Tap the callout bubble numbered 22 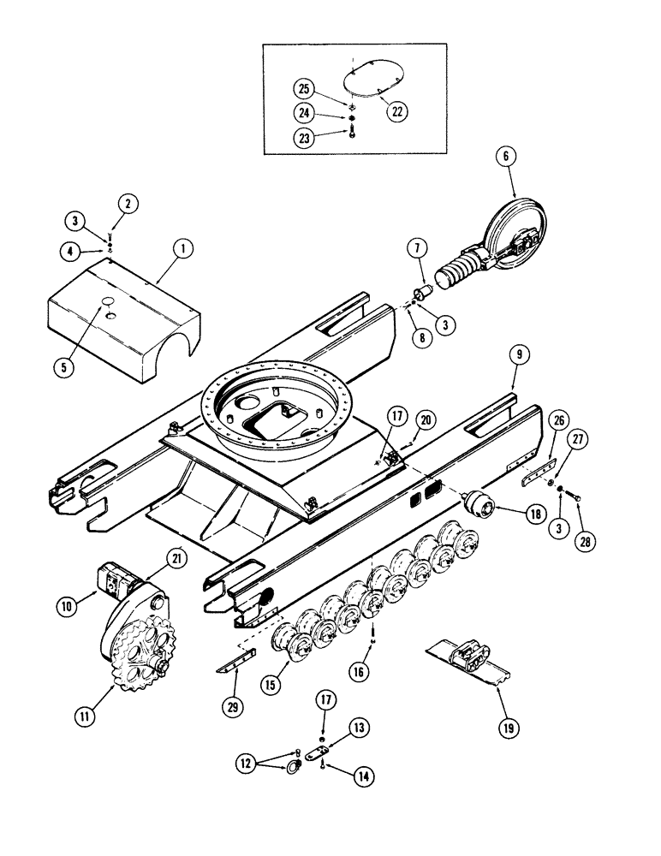pos(396,110)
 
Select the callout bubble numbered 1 pos(181,251)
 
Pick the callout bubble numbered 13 pos(359,728)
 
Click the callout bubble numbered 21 pos(176,559)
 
